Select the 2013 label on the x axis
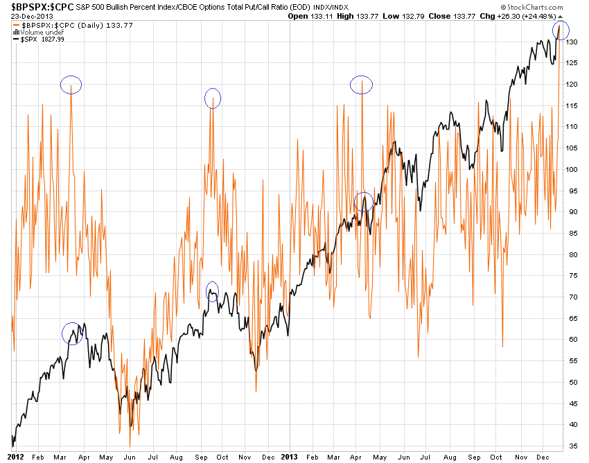(x=290, y=457)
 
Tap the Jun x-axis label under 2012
(x=129, y=457)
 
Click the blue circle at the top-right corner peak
(x=561, y=30)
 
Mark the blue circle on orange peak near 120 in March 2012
(x=71, y=85)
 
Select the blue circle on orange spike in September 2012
(x=213, y=98)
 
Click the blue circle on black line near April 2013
(x=364, y=202)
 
